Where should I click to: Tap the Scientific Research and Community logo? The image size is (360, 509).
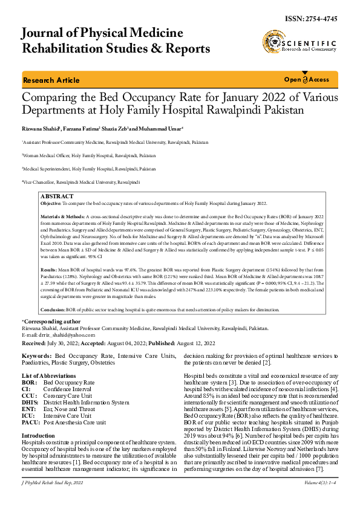click(x=299, y=44)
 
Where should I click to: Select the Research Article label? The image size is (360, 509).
click(x=51, y=80)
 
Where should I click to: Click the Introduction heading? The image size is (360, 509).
click(x=38, y=435)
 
